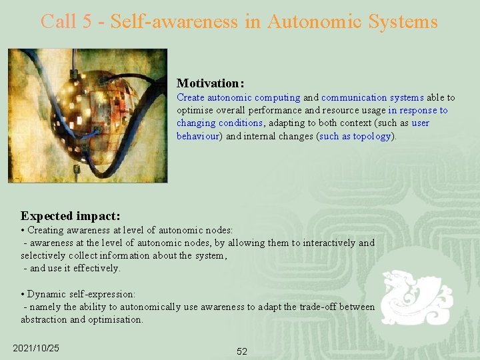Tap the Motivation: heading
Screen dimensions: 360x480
(210, 83)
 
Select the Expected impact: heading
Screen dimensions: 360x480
(71, 215)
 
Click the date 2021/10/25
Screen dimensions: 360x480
(36, 348)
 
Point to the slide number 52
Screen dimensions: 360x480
(241, 351)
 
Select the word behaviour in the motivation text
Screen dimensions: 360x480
(197, 136)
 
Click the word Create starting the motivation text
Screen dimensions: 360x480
(190, 97)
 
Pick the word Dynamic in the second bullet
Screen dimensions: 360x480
(47, 294)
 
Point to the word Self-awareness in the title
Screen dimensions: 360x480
(174, 21)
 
